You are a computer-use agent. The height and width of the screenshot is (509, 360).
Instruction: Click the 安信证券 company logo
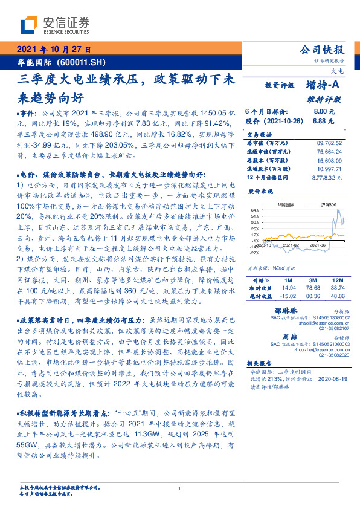pyautogui.click(x=54, y=25)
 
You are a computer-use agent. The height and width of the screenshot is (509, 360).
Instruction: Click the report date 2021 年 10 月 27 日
pyautogui.click(x=53, y=50)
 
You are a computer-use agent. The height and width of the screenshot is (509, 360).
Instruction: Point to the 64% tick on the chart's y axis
pyautogui.click(x=256, y=210)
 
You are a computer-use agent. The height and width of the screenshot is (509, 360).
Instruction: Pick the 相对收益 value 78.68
pyautogui.click(x=312, y=271)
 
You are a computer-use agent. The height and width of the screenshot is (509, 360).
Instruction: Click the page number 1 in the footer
pyautogui.click(x=179, y=488)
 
